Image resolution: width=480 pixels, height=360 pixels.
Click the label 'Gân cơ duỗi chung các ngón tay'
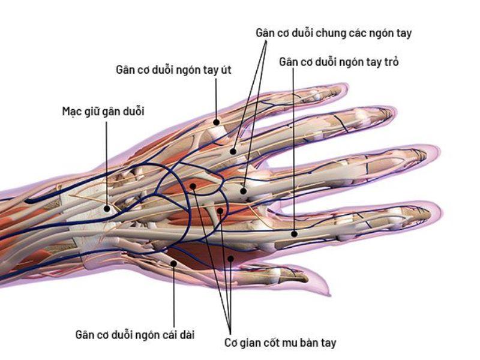pyautogui.click(x=334, y=34)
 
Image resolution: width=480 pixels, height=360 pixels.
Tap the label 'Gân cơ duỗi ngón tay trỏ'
pyautogui.click(x=339, y=62)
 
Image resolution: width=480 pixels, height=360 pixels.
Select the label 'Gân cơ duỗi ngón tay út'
pyautogui.click(x=173, y=70)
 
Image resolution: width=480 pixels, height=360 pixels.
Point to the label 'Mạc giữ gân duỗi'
pyautogui.click(x=103, y=111)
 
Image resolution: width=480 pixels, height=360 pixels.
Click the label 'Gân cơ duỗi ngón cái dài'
pyautogui.click(x=135, y=333)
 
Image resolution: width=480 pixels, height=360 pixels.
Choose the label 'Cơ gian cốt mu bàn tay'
pyautogui.click(x=280, y=343)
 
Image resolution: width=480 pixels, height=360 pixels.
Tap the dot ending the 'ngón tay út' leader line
pyautogui.click(x=216, y=122)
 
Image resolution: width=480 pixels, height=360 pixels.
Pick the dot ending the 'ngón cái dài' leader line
pyautogui.click(x=173, y=262)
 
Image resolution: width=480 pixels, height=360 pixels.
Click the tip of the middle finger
pyautogui.click(x=439, y=154)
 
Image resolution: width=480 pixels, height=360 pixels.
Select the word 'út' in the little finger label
pyautogui.click(x=225, y=70)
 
